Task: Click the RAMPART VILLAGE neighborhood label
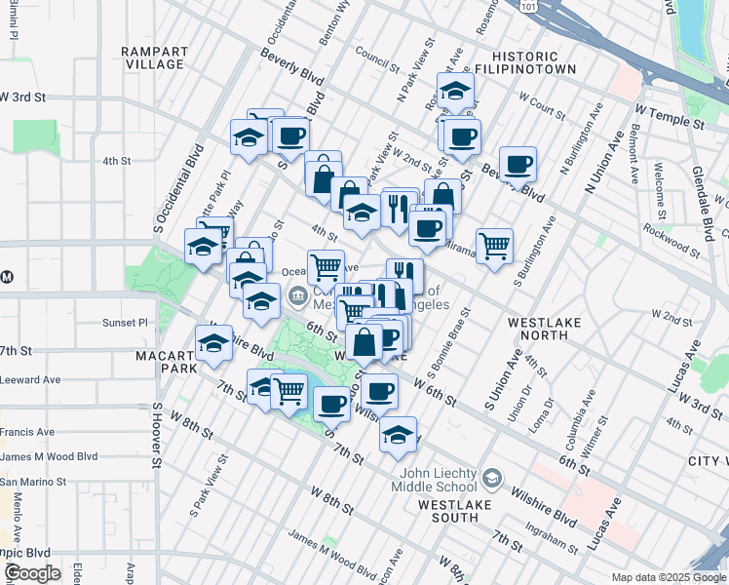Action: (x=152, y=58)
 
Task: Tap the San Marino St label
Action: (x=33, y=482)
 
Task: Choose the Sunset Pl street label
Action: (x=125, y=322)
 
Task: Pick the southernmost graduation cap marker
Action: (x=398, y=435)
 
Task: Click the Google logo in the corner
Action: (x=32, y=573)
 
